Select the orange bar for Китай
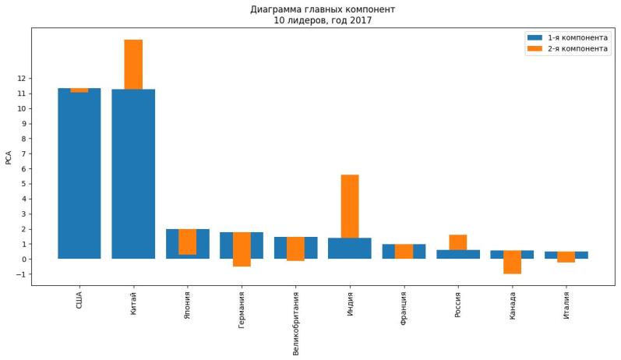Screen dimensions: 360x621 [133, 64]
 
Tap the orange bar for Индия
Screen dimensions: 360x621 [349, 206]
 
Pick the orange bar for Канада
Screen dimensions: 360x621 [512, 262]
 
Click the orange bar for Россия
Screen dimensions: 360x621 [457, 242]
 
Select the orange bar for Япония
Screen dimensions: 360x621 [187, 242]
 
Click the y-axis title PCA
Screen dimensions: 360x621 [9, 157]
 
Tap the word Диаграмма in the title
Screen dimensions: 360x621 [273, 10]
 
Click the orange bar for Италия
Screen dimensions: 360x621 [566, 256]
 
